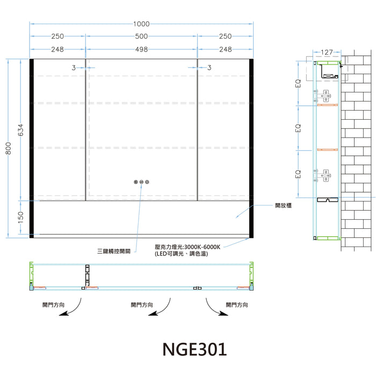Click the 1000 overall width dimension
click(x=141, y=24)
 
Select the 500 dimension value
click(x=141, y=36)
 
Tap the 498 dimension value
click(x=141, y=49)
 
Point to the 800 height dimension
click(x=9, y=148)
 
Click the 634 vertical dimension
click(x=21, y=130)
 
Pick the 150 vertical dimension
click(x=21, y=217)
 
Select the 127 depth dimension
click(x=327, y=52)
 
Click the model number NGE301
click(x=194, y=349)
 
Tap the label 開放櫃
click(x=283, y=206)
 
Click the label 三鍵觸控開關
click(x=114, y=251)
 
